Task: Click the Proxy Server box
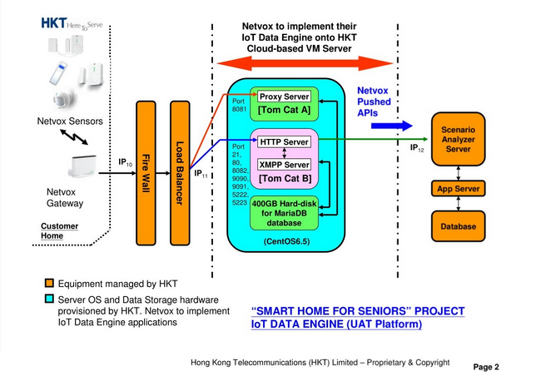point(285,97)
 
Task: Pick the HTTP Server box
point(285,142)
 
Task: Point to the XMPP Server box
point(285,165)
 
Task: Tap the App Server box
point(459,189)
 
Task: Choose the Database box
point(459,226)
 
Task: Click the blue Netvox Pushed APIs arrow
point(391,126)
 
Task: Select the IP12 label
point(418,149)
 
